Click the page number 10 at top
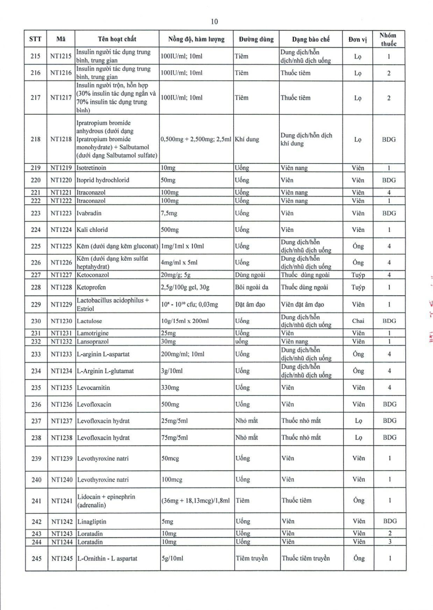[x=214, y=22]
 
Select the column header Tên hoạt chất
[x=117, y=39]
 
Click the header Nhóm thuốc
[x=388, y=39]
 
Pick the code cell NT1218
[x=61, y=139]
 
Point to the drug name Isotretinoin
[x=91, y=168]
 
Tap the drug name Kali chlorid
[x=91, y=229]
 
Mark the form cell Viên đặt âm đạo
[x=303, y=304]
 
